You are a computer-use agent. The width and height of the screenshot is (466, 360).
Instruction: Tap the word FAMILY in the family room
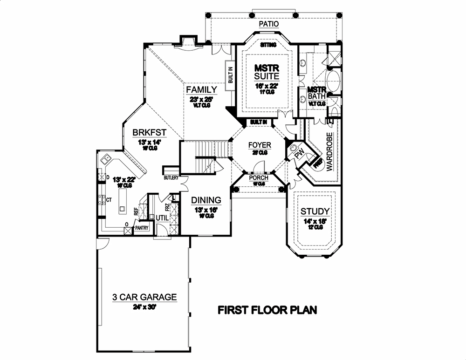coord(201,89)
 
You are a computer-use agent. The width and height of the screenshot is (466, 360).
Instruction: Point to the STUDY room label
coord(315,211)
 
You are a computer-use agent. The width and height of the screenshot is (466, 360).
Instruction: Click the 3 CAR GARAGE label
coord(144,297)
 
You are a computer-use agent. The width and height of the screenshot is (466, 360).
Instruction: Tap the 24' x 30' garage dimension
coord(144,307)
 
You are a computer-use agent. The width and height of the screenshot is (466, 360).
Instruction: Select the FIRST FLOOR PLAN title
coord(268,310)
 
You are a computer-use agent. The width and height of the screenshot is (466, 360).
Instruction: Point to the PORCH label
coord(258,177)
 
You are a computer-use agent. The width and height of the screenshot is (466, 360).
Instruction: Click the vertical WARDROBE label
coord(329,152)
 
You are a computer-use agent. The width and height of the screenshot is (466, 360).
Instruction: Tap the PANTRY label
coord(141,228)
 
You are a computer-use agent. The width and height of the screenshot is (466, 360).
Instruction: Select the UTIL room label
coord(161,217)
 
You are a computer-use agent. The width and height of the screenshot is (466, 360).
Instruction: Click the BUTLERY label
coord(171,178)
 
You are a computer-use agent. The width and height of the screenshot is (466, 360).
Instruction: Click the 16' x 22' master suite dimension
coord(267,86)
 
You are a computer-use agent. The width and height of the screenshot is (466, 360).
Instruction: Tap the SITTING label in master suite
coord(268,45)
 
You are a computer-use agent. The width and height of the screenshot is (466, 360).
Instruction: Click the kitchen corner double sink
coord(106,159)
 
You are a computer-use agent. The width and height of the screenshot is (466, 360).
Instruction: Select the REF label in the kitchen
coord(136,211)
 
